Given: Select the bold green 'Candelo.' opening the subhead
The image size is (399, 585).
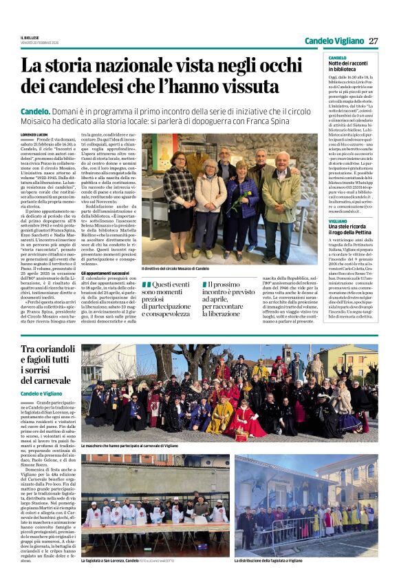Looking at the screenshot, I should tap(35, 111).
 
